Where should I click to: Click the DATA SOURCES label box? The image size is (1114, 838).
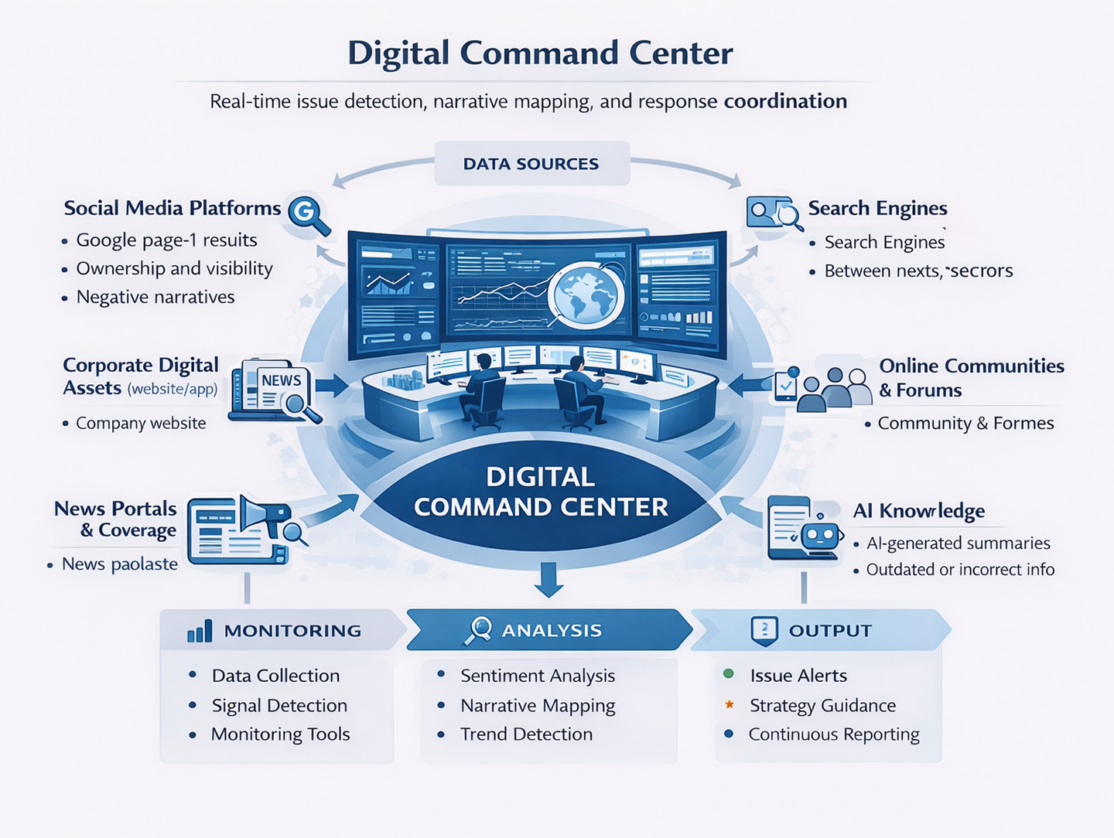coord(532,163)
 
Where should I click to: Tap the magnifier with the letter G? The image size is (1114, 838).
coord(308,215)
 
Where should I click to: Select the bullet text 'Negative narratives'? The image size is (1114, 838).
coord(155,297)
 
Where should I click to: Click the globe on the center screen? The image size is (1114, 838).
coord(586,294)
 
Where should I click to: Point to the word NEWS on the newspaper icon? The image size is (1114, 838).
coord(281,380)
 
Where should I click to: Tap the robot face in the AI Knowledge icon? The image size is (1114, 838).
coord(819,534)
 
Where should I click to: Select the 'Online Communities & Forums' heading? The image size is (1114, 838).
coord(972,378)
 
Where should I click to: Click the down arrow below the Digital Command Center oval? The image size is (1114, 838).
coord(548,580)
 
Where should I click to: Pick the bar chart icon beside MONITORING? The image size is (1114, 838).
coord(200,631)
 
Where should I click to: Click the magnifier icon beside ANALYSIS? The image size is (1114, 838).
coord(479,631)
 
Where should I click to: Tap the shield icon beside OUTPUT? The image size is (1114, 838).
coord(764,631)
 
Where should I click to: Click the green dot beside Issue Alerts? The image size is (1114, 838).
coord(728,673)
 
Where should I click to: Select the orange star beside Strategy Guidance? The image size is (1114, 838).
coord(730,703)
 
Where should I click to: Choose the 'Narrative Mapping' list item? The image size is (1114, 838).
coord(538,706)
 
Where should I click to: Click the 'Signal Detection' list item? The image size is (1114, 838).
coord(279,706)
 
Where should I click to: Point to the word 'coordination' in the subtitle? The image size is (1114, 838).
coord(785,101)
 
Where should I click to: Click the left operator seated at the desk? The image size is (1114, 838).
coord(481,393)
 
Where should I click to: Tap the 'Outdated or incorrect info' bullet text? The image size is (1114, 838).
coord(960,569)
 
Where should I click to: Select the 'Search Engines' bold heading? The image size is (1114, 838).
coord(877,209)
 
